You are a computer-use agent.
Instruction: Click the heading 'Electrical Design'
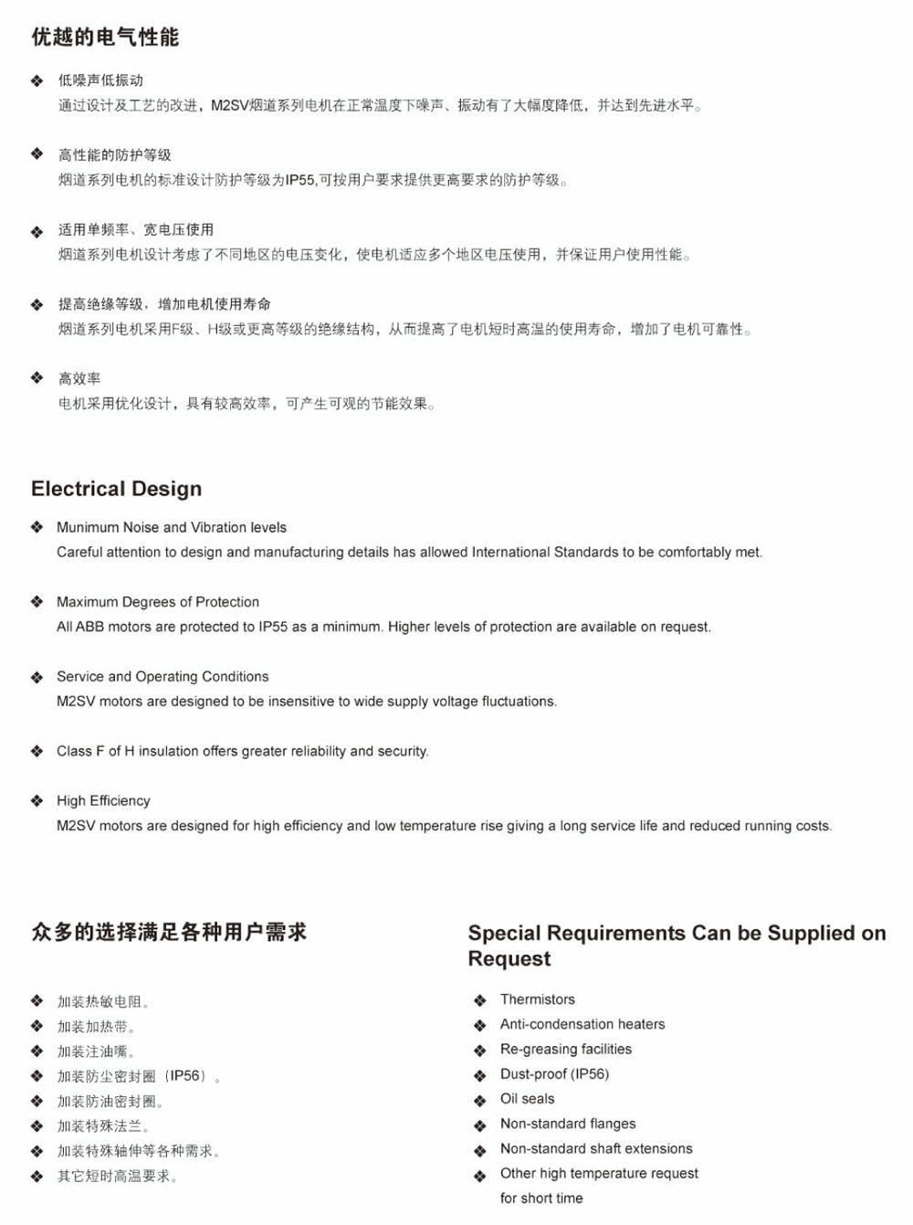pyautogui.click(x=116, y=489)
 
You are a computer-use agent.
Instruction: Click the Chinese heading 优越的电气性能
pyautogui.click(x=105, y=37)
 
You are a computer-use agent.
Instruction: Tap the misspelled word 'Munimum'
pyautogui.click(x=88, y=527)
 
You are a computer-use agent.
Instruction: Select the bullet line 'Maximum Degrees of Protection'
pyautogui.click(x=158, y=602)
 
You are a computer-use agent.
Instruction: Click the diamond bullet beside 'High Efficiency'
pyautogui.click(x=37, y=801)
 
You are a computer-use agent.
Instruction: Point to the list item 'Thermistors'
pyautogui.click(x=537, y=999)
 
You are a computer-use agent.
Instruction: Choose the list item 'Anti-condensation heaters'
pyautogui.click(x=582, y=1024)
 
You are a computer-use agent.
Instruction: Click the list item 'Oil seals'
pyautogui.click(x=527, y=1099)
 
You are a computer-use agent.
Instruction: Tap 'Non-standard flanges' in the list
pyautogui.click(x=568, y=1124)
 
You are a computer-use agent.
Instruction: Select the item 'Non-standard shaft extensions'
pyautogui.click(x=596, y=1148)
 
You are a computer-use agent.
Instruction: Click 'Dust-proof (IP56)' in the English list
pyautogui.click(x=554, y=1074)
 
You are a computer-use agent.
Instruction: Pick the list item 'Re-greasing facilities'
pyautogui.click(x=566, y=1049)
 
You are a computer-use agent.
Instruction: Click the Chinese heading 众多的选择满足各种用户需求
pyautogui.click(x=169, y=933)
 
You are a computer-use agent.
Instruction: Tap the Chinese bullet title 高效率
pyautogui.click(x=79, y=378)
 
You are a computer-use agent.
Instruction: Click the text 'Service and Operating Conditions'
pyautogui.click(x=163, y=677)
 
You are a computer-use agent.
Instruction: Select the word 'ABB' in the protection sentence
pyautogui.click(x=89, y=627)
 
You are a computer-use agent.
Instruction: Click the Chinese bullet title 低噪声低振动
pyautogui.click(x=100, y=80)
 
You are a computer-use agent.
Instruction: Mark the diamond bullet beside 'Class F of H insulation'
pyautogui.click(x=37, y=751)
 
